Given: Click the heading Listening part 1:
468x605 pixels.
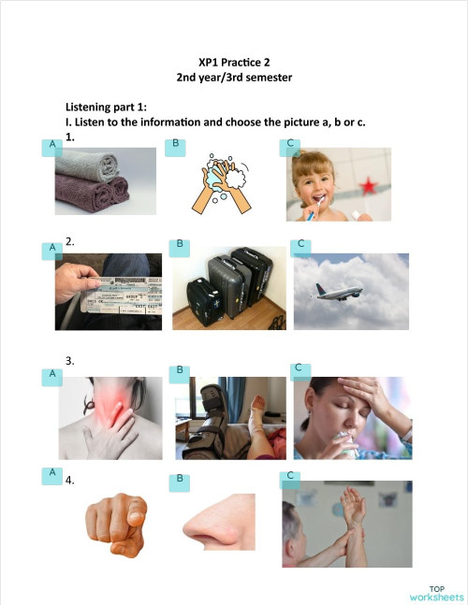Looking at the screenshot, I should pyautogui.click(x=106, y=108).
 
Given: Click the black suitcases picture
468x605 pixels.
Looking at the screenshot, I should pyautogui.click(x=228, y=288).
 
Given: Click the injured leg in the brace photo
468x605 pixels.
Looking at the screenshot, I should pyautogui.click(x=230, y=418).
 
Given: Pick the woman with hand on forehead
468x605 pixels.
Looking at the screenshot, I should pyautogui.click(x=351, y=418).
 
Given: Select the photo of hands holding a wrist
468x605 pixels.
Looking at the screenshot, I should pyautogui.click(x=346, y=523).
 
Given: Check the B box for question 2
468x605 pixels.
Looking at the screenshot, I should pyautogui.click(x=179, y=244).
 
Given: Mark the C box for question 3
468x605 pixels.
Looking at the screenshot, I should pyautogui.click(x=298, y=368).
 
